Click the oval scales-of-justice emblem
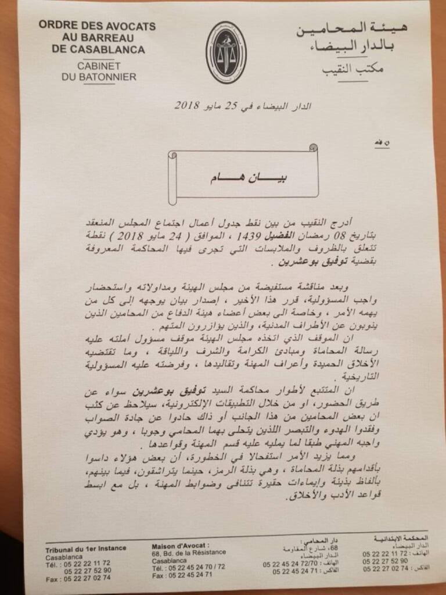pyautogui.click(x=226, y=53)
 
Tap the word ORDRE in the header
pyautogui.click(x=55, y=26)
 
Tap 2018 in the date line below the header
pyautogui.click(x=186, y=106)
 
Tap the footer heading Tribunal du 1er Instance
pyautogui.click(x=85, y=548)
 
